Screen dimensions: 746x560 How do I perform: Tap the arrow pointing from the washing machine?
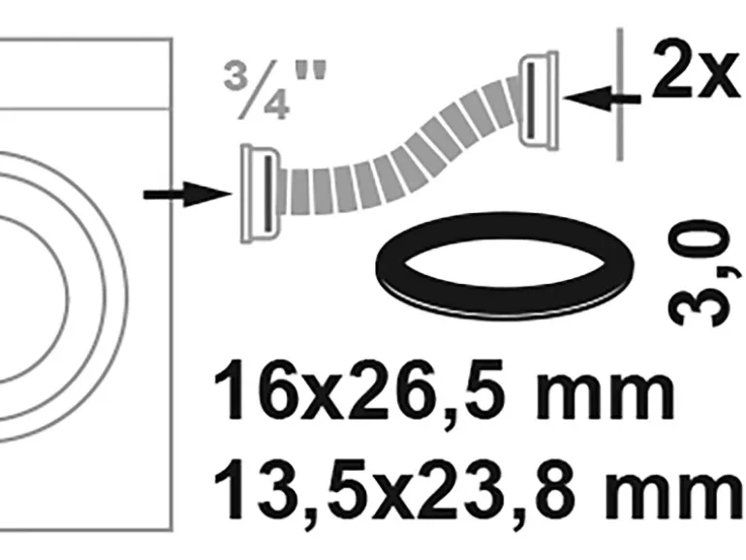click(187, 194)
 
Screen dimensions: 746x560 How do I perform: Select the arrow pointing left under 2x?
click(602, 99)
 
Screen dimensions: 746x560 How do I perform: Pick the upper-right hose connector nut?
click(539, 100)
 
